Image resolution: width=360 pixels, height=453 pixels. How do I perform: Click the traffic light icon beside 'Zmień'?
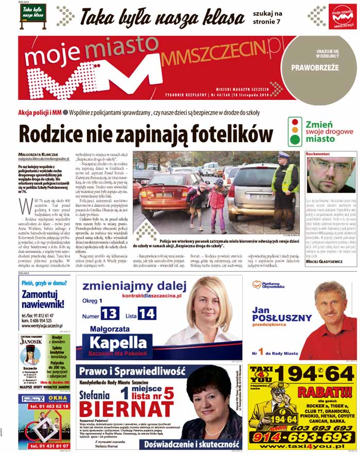coord(295,131)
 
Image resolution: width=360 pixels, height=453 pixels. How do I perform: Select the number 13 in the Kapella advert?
coord(110,313)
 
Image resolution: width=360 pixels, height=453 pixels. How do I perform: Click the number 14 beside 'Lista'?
coord(146,313)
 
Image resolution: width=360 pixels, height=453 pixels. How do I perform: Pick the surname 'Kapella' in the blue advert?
coord(118,342)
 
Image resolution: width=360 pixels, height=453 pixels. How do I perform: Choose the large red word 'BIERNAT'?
coord(127,409)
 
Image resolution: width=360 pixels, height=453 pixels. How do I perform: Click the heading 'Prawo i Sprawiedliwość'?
coord(131,371)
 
